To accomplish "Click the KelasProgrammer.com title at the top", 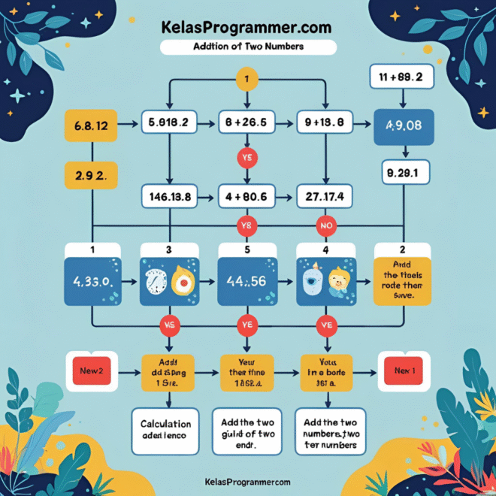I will tap(246, 27).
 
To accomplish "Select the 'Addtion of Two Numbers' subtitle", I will tap(248, 47).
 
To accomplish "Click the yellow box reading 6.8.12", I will tap(92, 126).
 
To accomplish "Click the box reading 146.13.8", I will tap(169, 197).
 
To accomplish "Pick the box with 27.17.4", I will tap(325, 197).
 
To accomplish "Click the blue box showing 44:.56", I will tap(247, 282).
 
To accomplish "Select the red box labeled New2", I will tap(92, 371).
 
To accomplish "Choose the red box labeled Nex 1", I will tap(403, 371).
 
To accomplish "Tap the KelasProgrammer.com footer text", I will tap(247, 482).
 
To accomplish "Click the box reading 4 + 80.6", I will tap(247, 197).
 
